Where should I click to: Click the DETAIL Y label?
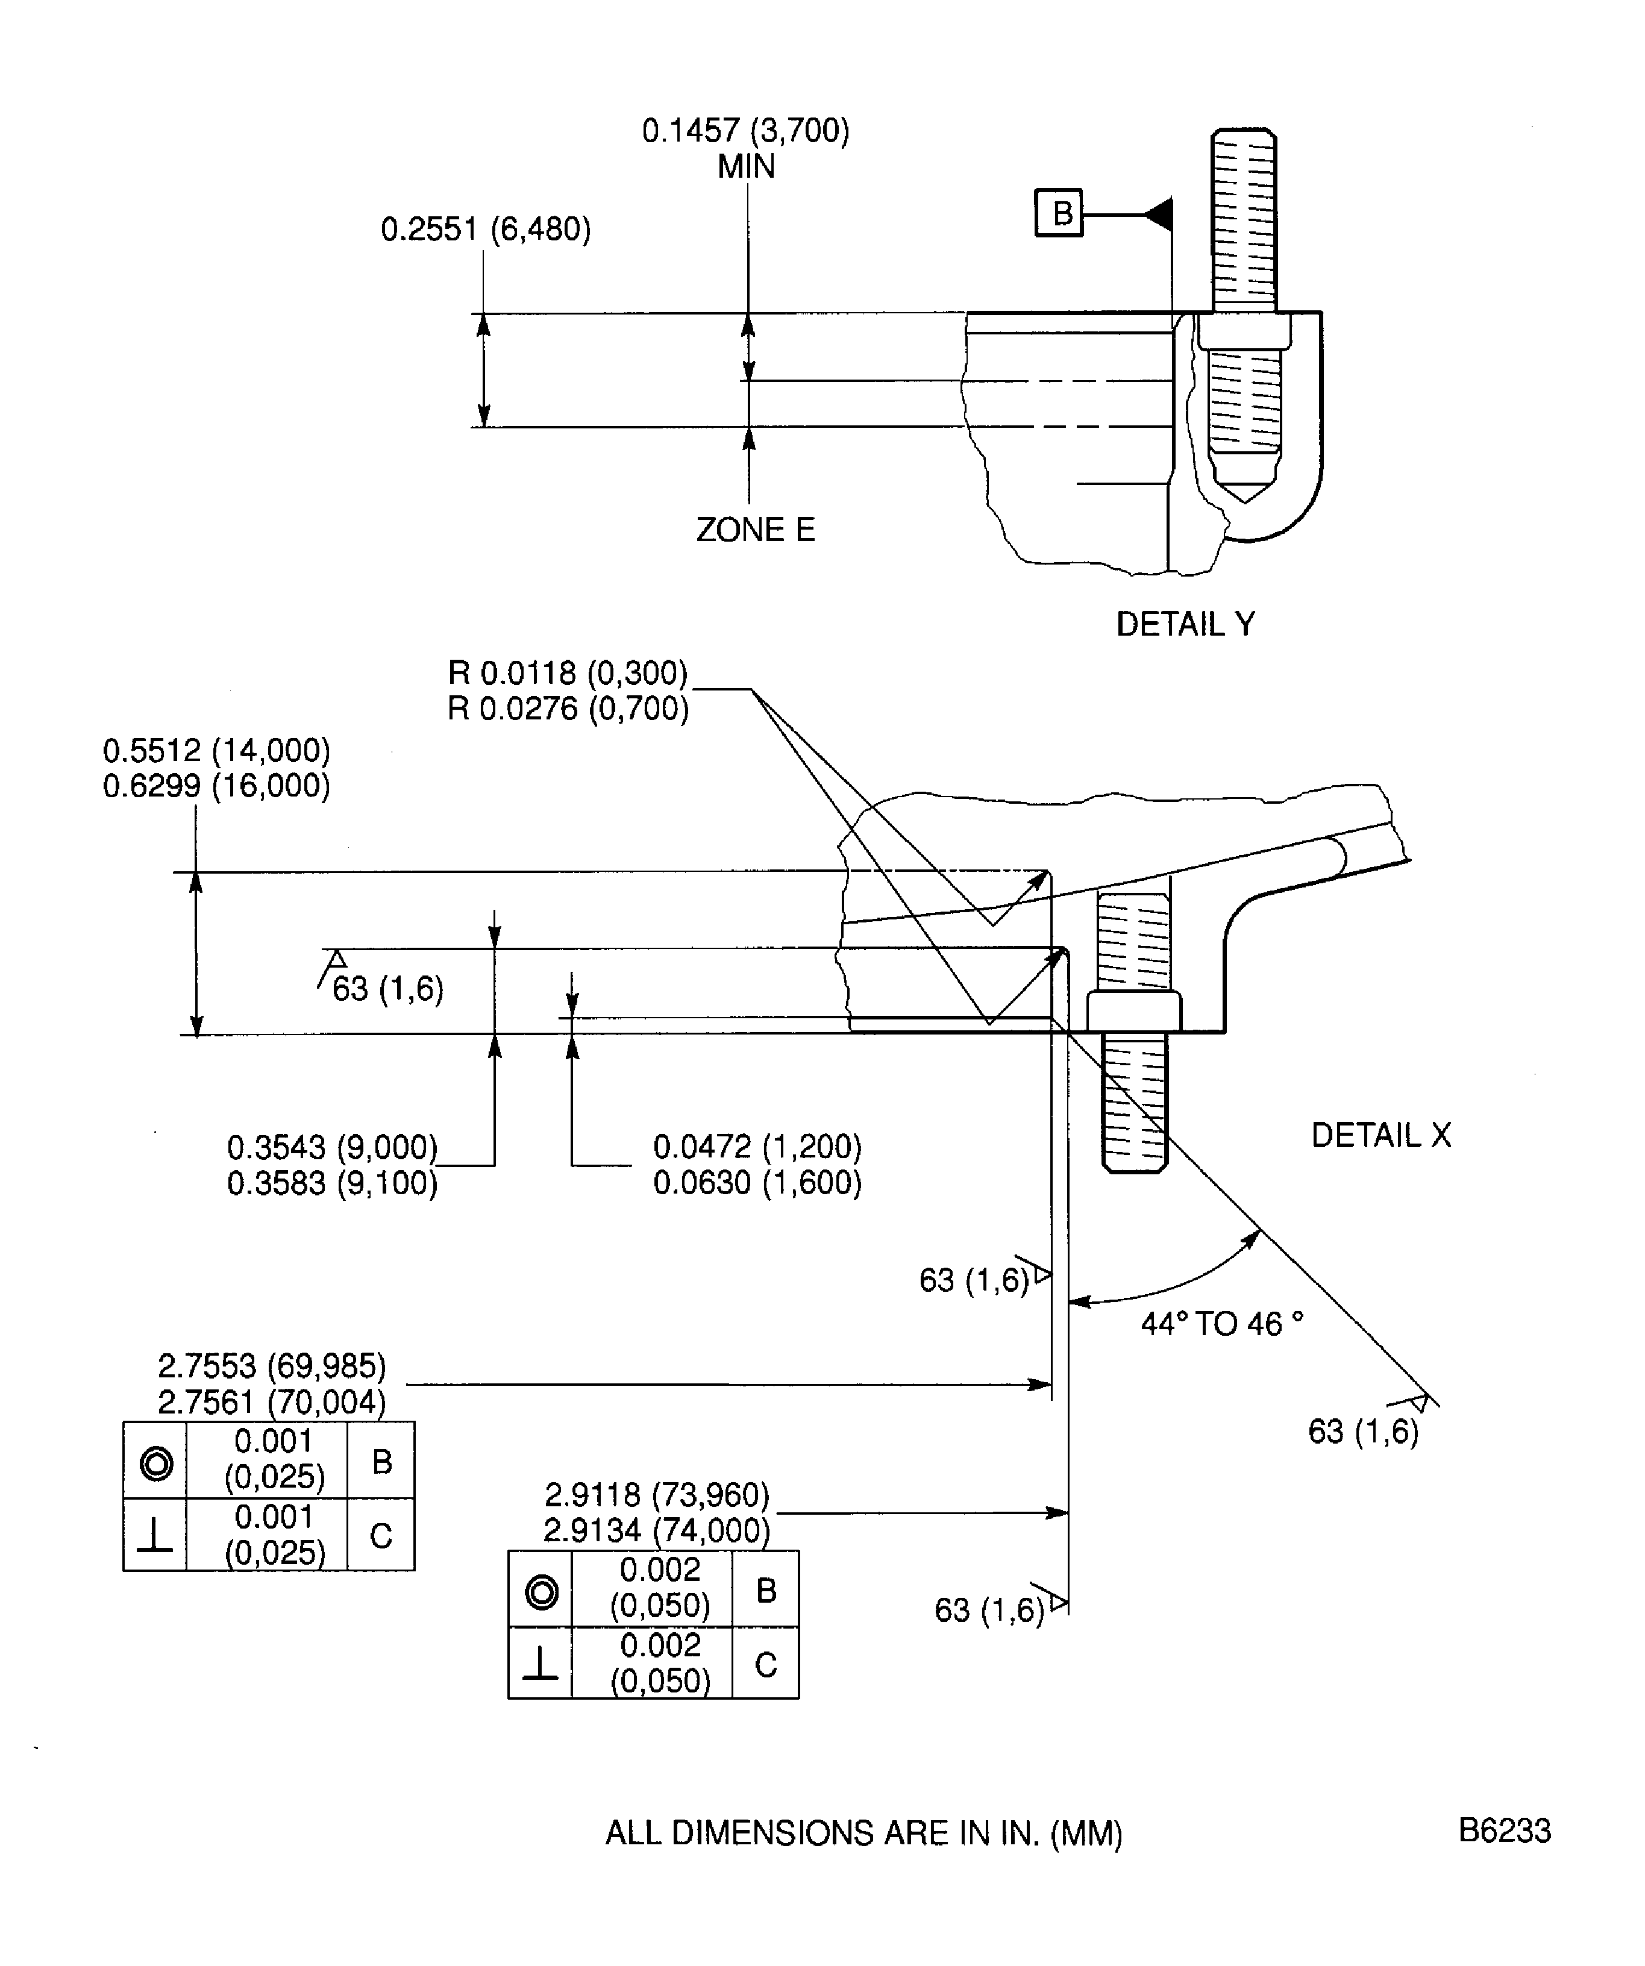click(1185, 624)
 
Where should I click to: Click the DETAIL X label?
click(1381, 1136)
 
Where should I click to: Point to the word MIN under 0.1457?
click(746, 167)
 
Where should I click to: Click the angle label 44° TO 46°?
click(1222, 1324)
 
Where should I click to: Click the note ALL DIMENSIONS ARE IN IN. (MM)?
click(863, 1833)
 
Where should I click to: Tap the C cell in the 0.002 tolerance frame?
click(766, 1665)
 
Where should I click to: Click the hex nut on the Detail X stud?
click(1134, 1011)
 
